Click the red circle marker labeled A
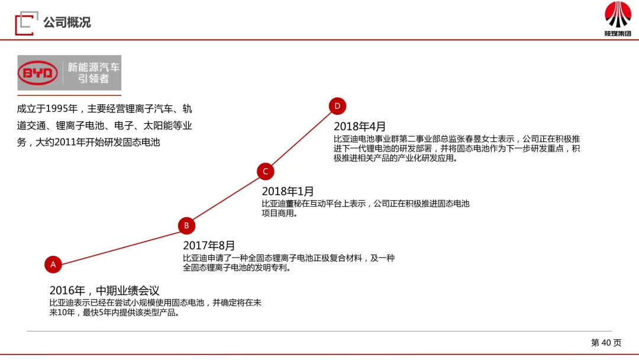[x=53, y=265]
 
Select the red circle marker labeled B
[x=186, y=226]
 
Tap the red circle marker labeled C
[x=266, y=172]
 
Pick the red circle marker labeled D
[x=337, y=107]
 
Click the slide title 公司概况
[x=67, y=22]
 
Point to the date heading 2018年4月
[x=360, y=126]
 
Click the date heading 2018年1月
[x=288, y=191]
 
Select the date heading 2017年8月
[x=209, y=245]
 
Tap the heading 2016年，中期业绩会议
[x=105, y=290]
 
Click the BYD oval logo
[x=38, y=74]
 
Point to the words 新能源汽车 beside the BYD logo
[x=93, y=67]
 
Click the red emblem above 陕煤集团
[x=618, y=15]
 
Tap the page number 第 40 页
[x=606, y=342]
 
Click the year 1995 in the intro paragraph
[x=58, y=109]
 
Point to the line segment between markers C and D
[x=302, y=139]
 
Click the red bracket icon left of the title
[x=24, y=22]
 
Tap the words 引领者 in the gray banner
[x=93, y=79]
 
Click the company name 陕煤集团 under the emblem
[x=618, y=34]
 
